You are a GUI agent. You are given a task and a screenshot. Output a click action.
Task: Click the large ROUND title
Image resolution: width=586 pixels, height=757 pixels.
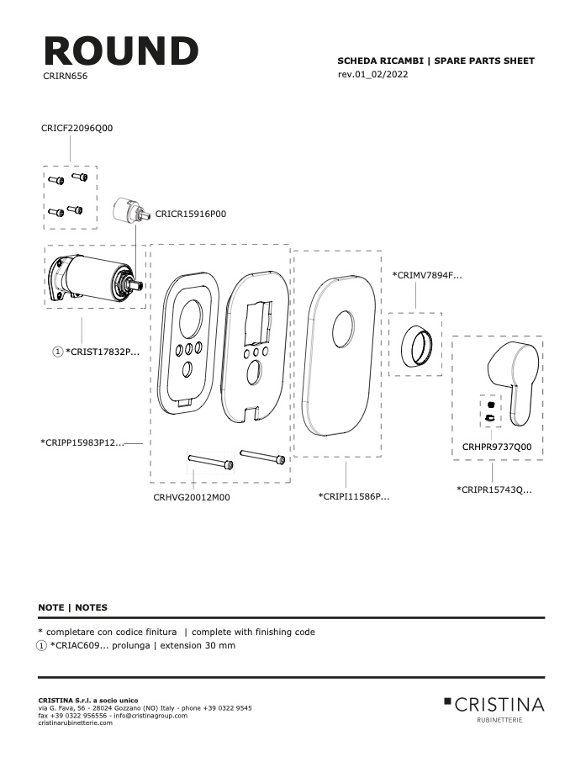[x=121, y=50]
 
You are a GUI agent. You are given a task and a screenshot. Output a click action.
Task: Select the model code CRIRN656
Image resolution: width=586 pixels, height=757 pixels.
[x=66, y=76]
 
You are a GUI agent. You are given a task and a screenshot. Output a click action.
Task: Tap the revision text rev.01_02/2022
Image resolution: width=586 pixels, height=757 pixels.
[x=372, y=74]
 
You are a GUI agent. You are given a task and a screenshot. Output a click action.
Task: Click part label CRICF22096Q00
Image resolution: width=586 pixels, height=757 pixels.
[x=77, y=128]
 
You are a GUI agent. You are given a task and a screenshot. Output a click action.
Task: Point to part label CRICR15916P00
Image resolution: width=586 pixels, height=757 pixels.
[x=191, y=214]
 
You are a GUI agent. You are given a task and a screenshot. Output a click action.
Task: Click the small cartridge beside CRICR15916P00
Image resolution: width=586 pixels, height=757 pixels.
[x=128, y=210]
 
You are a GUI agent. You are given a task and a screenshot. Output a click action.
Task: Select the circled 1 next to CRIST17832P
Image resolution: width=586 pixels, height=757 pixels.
[x=57, y=352]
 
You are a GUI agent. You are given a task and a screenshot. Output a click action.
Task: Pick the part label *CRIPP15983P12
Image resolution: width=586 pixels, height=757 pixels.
[x=82, y=442]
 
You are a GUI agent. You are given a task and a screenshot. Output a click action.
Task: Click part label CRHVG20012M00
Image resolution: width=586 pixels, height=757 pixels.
[x=192, y=497]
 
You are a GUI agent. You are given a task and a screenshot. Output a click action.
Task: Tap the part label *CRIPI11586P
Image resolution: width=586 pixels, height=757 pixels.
[x=354, y=496]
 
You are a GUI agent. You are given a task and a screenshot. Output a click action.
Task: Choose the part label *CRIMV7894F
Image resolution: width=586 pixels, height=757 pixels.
[x=427, y=276]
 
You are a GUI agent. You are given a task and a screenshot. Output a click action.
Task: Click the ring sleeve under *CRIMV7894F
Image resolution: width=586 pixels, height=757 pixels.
[x=414, y=345]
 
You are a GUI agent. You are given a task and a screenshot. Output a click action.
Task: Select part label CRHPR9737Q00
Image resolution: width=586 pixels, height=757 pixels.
[x=497, y=447]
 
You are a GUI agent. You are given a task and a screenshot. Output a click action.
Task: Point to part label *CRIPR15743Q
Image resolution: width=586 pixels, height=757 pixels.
[x=494, y=490]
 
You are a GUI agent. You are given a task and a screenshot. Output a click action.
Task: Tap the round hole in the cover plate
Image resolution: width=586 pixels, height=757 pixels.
[x=343, y=329]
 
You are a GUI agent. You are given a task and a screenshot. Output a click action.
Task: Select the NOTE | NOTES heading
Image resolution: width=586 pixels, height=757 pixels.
[x=73, y=607]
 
